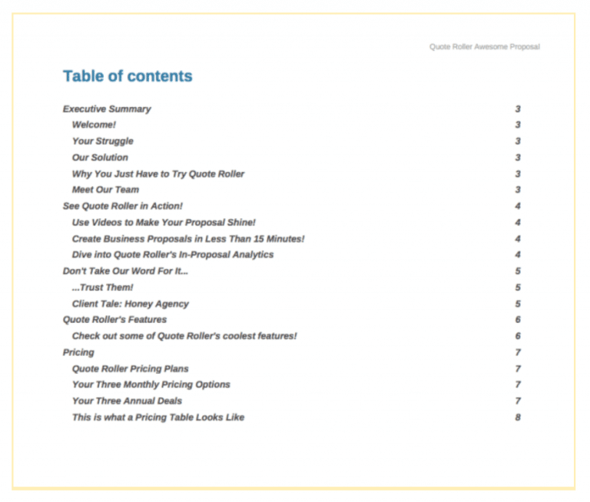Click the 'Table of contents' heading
coord(128,76)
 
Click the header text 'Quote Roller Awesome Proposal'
coord(484,47)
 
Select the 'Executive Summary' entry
coord(107,109)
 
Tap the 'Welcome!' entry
coord(94,125)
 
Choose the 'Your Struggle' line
coord(102,141)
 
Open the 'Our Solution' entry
coord(100,158)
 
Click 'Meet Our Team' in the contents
coord(105,190)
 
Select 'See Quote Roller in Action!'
coord(122,206)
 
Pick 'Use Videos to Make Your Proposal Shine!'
coord(164,222)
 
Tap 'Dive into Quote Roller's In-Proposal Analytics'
coord(172,254)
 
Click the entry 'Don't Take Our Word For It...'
coord(125,271)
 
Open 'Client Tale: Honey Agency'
coord(130,304)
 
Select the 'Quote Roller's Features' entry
coord(114,320)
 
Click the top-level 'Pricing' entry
coord(78,352)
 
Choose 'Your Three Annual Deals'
coord(127,401)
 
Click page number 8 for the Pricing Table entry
coord(518,417)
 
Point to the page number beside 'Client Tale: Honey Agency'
coord(518,304)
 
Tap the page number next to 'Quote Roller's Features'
coord(518,320)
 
